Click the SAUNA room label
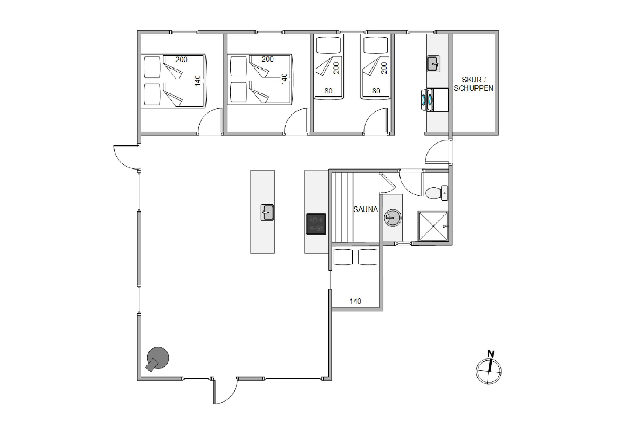click(365, 209)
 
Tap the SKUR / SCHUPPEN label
click(473, 84)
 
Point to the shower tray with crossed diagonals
click(433, 226)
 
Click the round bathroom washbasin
click(393, 217)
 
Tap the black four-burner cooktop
click(316, 224)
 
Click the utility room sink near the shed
click(433, 64)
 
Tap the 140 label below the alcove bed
click(355, 301)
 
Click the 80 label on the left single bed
click(329, 91)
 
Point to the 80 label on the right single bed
click(376, 91)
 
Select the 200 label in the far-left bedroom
click(181, 59)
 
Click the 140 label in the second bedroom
click(284, 79)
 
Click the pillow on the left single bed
click(329, 45)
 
